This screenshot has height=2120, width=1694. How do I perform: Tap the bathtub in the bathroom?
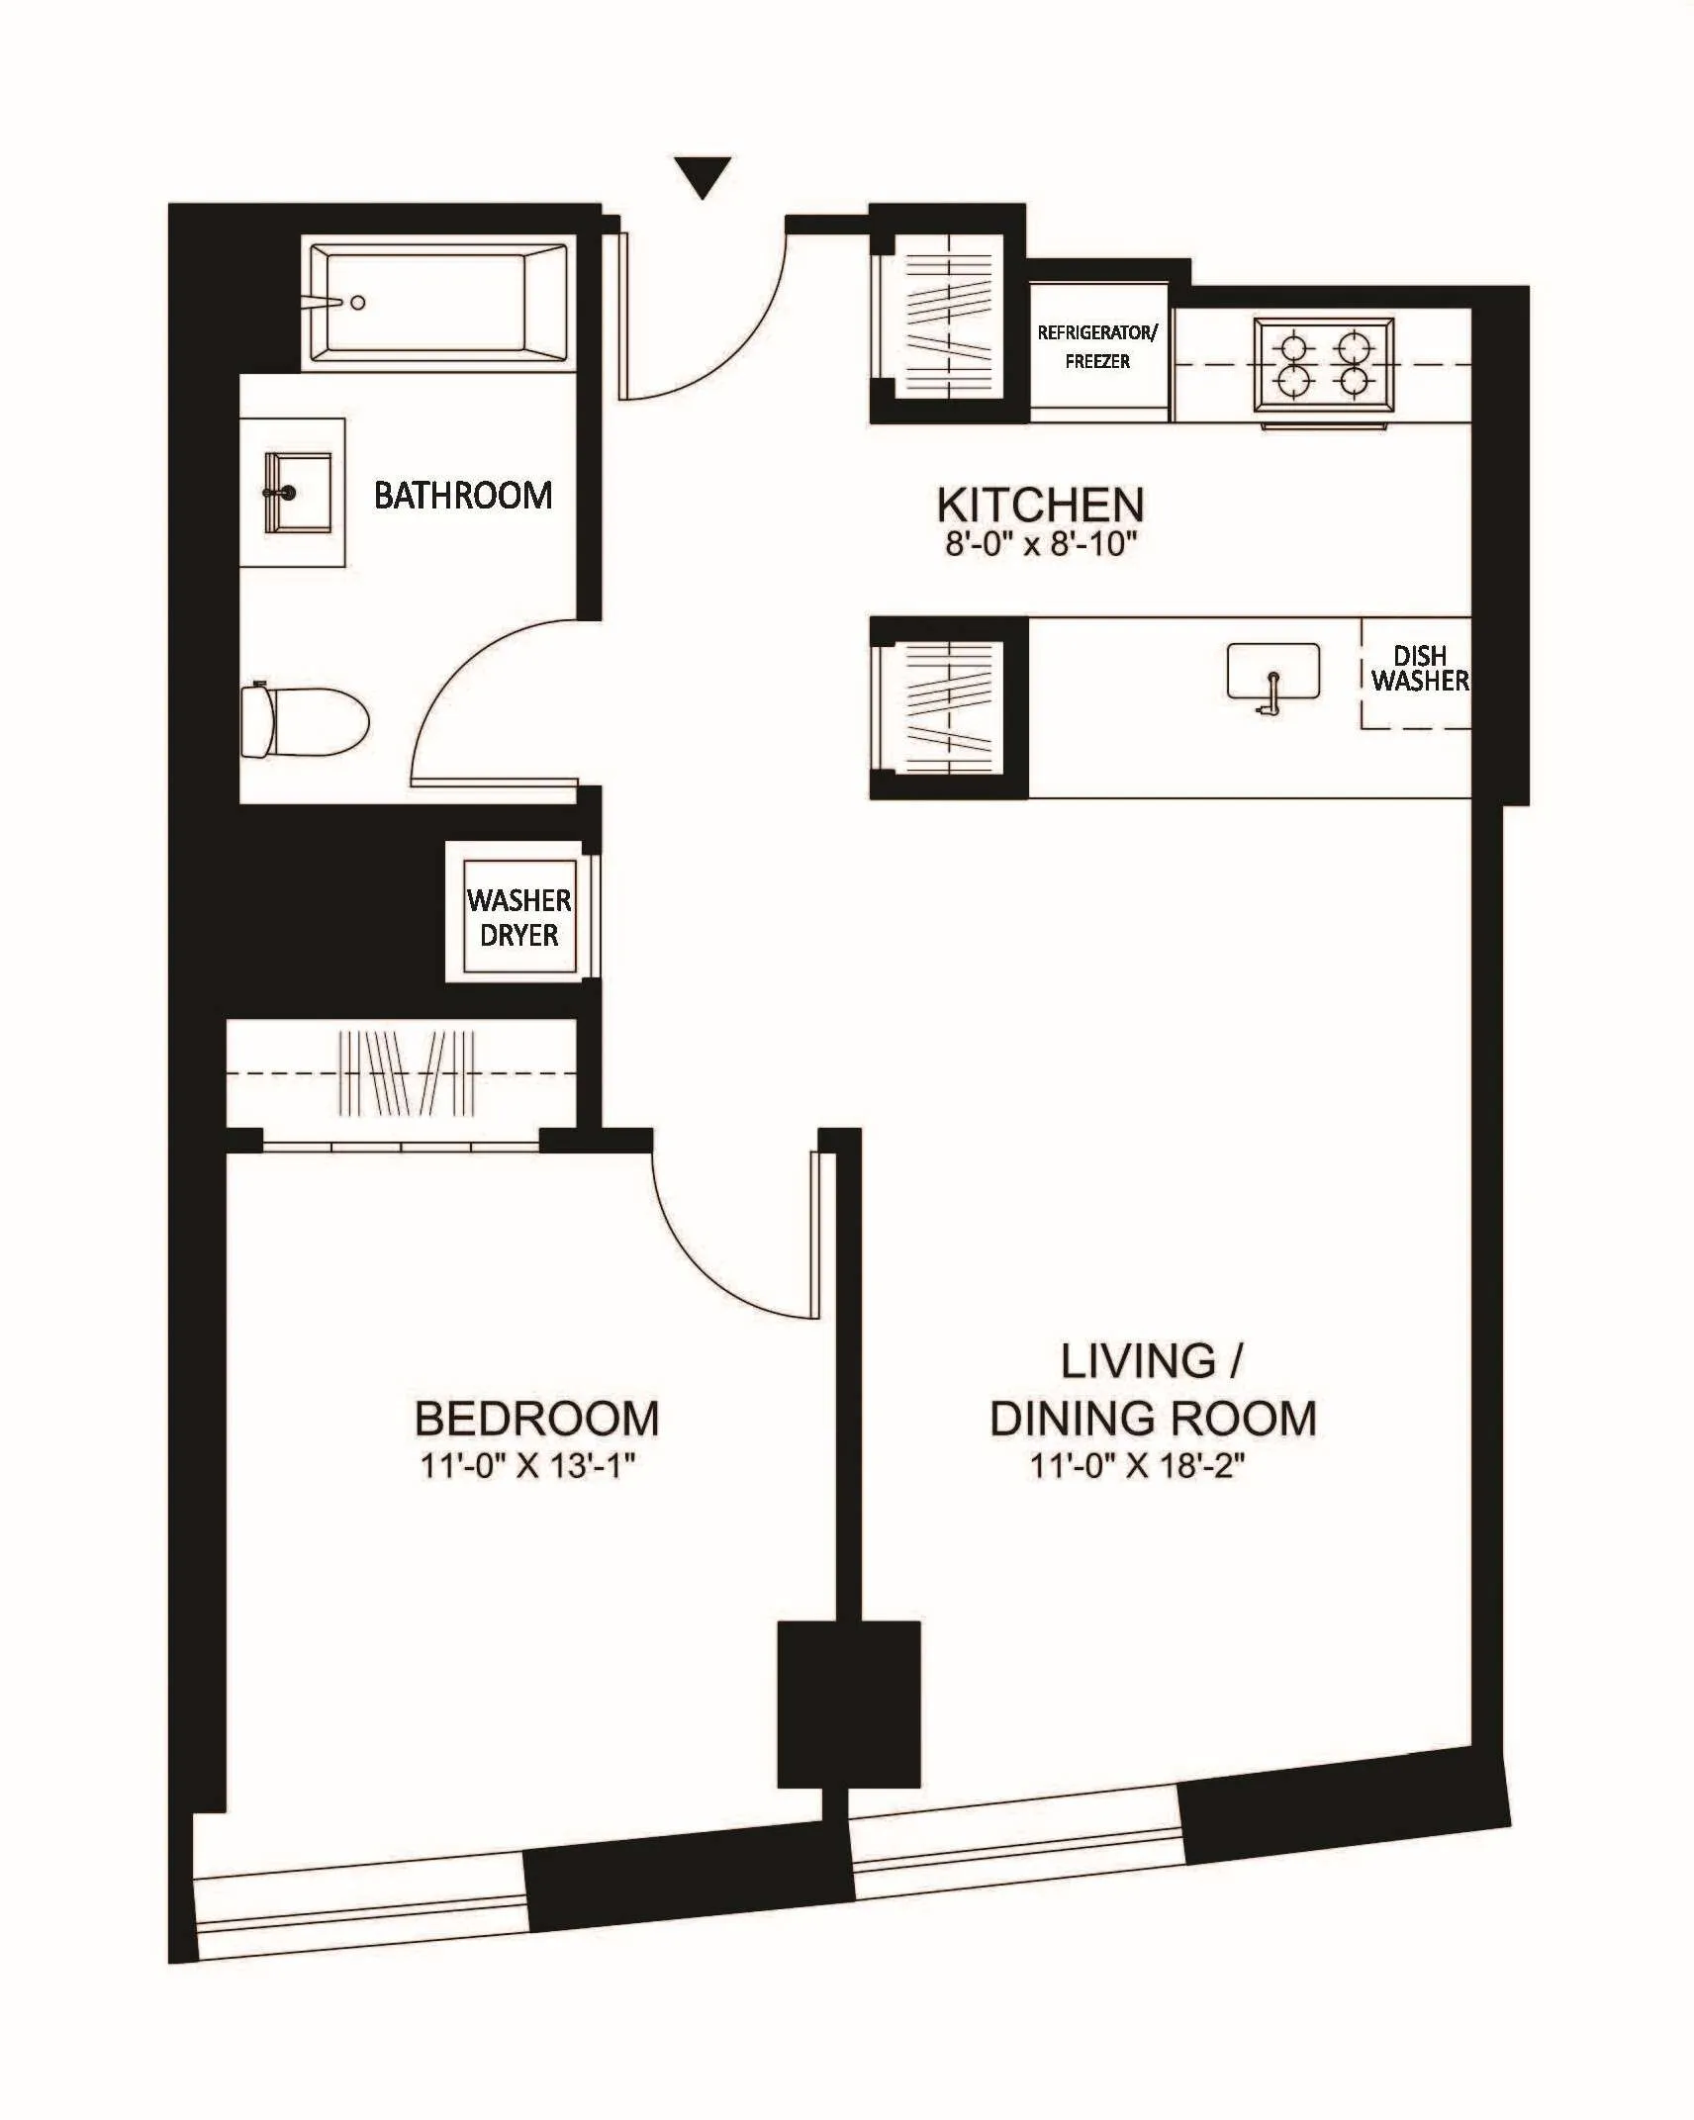tap(437, 303)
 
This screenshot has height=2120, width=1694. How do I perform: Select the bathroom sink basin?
tap(297, 493)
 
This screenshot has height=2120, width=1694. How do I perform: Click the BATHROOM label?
tap(462, 495)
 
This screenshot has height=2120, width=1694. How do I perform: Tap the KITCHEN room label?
tap(1040, 506)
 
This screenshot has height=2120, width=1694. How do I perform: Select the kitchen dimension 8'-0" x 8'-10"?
tap(1041, 544)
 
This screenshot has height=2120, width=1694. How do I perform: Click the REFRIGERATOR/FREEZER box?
tap(1097, 348)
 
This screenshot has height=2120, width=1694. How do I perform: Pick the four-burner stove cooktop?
tap(1324, 364)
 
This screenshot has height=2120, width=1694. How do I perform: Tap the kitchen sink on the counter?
tap(1272, 673)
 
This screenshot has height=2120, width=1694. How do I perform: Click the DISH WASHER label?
tap(1419, 669)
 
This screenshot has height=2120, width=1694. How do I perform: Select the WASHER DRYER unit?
tap(518, 917)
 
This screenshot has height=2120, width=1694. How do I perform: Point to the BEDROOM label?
tap(536, 1418)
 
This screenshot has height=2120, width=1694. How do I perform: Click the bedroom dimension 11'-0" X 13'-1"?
tap(526, 1465)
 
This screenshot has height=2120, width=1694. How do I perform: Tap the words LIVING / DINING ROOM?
tap(1153, 1390)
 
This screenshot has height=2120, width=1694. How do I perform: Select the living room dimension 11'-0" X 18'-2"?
tap(1136, 1465)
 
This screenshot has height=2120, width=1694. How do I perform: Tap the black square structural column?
tap(848, 1704)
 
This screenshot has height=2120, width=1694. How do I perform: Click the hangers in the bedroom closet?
tap(406, 1074)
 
